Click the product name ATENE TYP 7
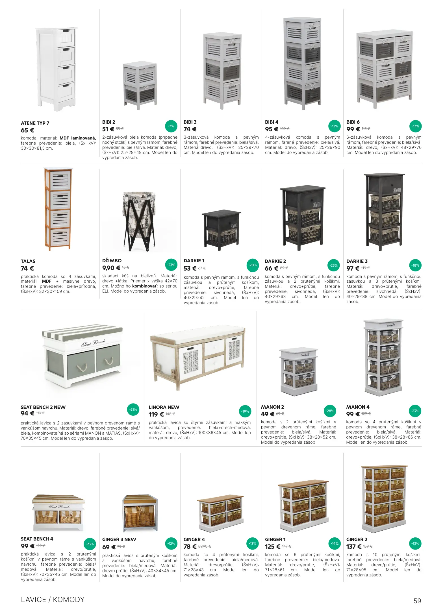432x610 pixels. point(35,123)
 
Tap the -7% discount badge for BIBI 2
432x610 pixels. point(171,126)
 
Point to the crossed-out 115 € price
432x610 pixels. point(366,129)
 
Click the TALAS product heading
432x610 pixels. point(28,261)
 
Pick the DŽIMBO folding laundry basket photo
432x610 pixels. point(139,221)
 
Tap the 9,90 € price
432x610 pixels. point(111,268)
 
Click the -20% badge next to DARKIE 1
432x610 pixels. point(253,265)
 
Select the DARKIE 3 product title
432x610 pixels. point(357,261)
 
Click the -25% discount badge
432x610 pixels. point(334,265)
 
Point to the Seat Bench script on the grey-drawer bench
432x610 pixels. point(93,343)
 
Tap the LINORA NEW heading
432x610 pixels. point(164,407)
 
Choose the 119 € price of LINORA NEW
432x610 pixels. point(156,414)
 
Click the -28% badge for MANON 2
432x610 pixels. point(330,411)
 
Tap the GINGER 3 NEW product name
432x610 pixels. point(119,539)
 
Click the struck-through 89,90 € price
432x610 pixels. point(205,546)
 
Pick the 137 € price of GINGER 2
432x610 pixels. point(354,547)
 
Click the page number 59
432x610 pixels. point(417,601)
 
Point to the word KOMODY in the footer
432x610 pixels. point(69,600)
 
